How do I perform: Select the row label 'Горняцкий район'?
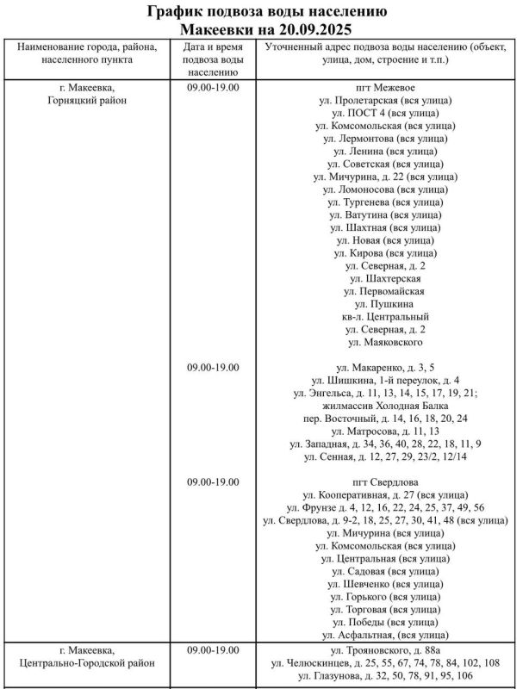pos(86,101)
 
